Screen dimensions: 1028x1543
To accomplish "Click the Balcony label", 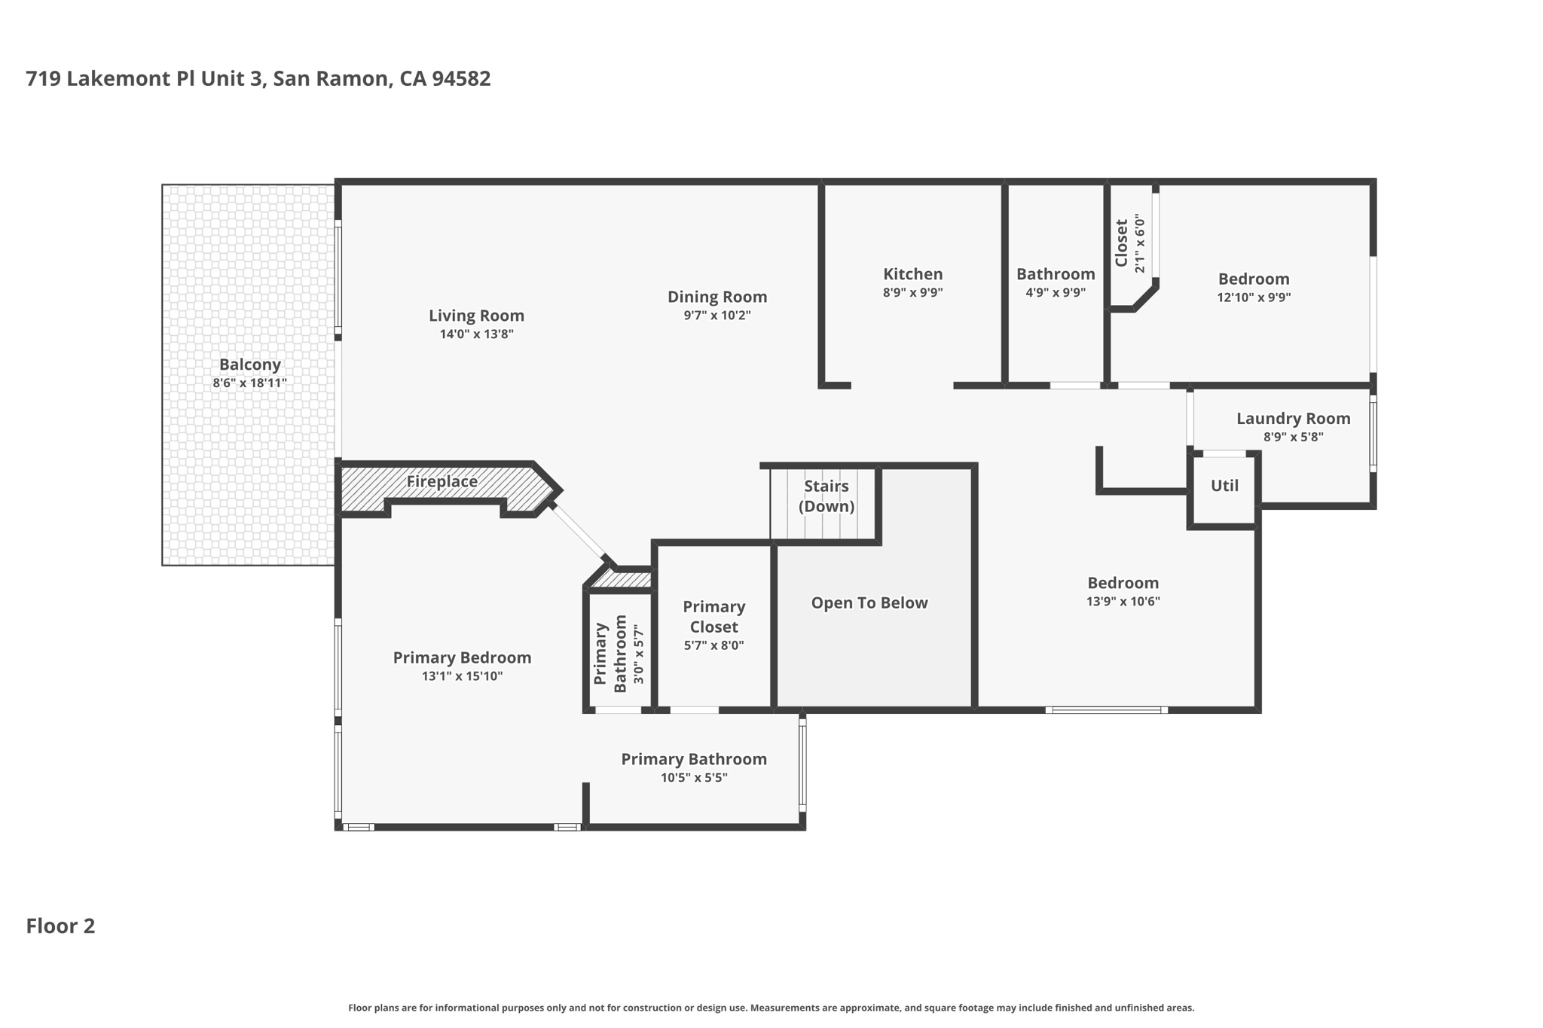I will click(249, 365).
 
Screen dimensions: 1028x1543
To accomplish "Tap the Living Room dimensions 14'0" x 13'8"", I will click(476, 334).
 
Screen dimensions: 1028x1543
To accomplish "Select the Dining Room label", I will click(717, 297).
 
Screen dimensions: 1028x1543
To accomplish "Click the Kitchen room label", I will click(912, 274).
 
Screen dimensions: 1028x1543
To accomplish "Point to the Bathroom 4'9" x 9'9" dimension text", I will click(1055, 292).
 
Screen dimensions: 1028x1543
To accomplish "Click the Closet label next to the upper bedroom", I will click(1122, 243).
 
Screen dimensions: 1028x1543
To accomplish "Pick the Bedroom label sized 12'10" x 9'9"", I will click(1253, 279).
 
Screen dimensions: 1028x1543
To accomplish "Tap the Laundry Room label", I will click(1293, 419).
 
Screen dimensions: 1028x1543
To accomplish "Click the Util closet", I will click(1224, 486).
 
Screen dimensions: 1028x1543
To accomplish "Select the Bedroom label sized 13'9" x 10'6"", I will click(1123, 583).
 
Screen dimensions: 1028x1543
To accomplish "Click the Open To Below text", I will click(869, 602).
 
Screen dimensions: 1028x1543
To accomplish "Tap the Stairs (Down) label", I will click(826, 496).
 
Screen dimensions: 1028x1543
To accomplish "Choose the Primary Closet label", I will click(713, 616).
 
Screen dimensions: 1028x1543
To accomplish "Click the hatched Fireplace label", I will click(442, 481).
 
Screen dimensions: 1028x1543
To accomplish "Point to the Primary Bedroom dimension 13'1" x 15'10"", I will click(462, 676).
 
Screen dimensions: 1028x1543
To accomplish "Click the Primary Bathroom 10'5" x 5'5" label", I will click(693, 759).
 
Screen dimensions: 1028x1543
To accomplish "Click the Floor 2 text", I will click(60, 926).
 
